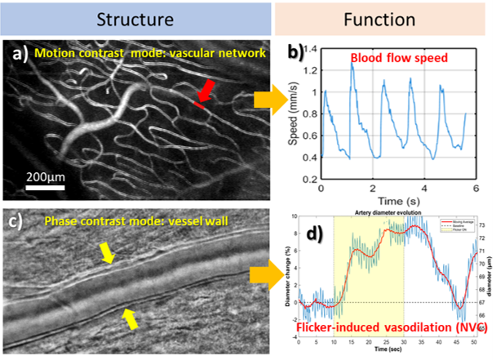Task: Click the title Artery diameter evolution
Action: [x=383, y=212]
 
